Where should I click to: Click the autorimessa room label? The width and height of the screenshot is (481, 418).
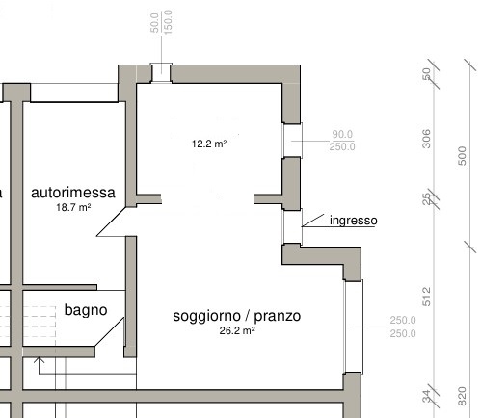[73, 193]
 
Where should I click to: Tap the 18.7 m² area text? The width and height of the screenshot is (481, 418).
[73, 207]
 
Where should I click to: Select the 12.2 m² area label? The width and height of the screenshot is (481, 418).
[209, 144]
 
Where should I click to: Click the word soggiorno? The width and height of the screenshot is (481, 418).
[206, 317]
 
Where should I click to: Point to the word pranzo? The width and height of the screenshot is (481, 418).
[278, 317]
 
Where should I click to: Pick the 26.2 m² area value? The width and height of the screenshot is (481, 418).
[237, 330]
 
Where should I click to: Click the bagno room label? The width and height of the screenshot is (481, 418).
[86, 310]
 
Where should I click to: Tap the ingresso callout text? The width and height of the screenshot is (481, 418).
[354, 221]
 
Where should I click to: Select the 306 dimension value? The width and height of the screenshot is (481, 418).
[426, 139]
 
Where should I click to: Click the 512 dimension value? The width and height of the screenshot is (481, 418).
[426, 297]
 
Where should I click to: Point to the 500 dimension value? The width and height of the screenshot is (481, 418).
[462, 156]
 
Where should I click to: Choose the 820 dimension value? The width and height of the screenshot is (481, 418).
[462, 396]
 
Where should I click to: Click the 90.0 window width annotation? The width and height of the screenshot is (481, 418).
[342, 134]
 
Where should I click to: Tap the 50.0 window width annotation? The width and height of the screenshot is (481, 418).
[154, 22]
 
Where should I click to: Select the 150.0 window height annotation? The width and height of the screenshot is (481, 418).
[168, 22]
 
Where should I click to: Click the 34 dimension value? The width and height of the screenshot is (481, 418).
[426, 396]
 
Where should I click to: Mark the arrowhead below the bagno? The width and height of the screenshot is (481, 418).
[39, 360]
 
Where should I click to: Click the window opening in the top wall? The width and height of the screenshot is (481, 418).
[161, 73]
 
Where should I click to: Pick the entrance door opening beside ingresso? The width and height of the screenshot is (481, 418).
[292, 226]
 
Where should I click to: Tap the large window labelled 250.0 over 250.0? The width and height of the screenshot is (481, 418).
[354, 327]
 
